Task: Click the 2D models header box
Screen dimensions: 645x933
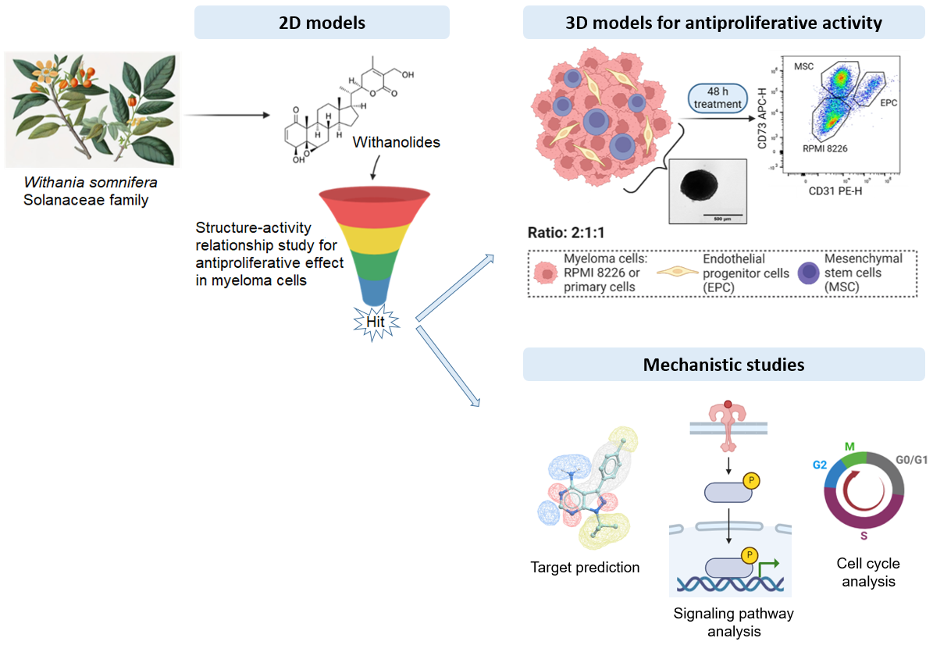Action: coord(322,23)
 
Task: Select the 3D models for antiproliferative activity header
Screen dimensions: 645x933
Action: coord(723,23)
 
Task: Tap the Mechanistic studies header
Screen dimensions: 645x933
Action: coord(723,365)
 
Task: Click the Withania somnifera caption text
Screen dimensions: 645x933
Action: coord(91,183)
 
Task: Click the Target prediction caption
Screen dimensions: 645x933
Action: coord(585,568)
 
